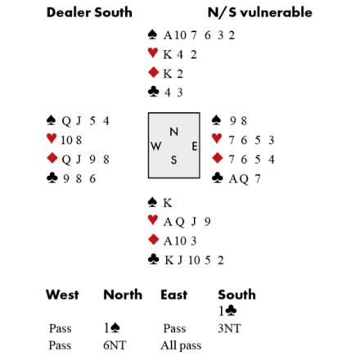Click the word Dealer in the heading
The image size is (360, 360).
click(68, 12)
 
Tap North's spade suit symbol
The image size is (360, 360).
click(152, 34)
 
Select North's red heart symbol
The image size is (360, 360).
click(153, 53)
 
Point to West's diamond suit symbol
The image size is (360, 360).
click(52, 158)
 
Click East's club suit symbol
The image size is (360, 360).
click(217, 178)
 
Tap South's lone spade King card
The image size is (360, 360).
click(168, 203)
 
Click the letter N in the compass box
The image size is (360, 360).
click(174, 132)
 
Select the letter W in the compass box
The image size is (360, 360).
click(155, 146)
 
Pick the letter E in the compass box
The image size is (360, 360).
click(194, 146)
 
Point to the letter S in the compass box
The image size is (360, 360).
click(173, 160)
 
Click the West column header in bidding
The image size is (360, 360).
click(62, 295)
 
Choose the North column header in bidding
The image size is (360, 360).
click(123, 295)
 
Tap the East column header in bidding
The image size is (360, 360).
click(174, 295)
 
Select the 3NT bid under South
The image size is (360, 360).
click(229, 328)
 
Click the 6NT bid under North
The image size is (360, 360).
click(115, 345)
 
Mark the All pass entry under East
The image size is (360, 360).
click(181, 345)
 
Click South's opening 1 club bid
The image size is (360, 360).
click(227, 311)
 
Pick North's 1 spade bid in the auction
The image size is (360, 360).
click(112, 328)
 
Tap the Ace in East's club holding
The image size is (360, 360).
click(234, 179)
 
